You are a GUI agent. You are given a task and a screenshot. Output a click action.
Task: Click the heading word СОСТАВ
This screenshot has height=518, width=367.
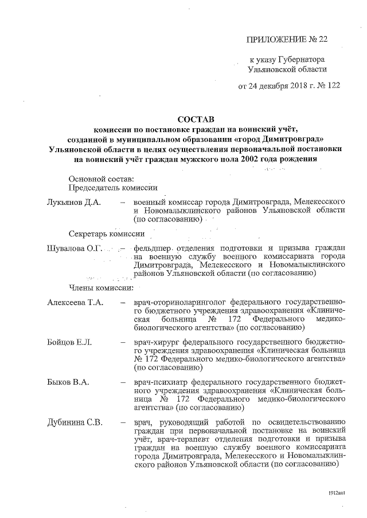(x=195, y=120)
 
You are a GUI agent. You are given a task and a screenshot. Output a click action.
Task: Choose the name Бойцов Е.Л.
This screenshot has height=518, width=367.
(x=69, y=342)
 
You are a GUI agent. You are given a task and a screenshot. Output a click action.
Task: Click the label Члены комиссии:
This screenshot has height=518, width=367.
(x=101, y=287)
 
